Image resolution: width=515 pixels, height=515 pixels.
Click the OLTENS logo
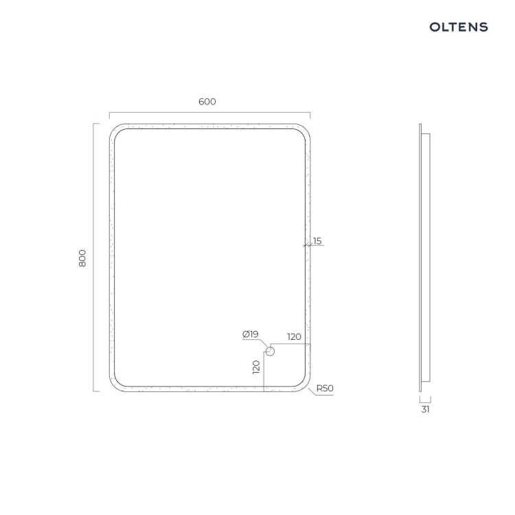(459, 27)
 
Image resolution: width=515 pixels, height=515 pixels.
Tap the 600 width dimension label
(207, 102)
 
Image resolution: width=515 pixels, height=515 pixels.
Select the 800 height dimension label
(82, 258)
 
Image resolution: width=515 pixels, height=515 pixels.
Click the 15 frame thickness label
(317, 241)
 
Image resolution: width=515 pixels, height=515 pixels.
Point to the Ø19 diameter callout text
(250, 334)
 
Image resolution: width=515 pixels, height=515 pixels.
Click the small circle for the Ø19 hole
(270, 352)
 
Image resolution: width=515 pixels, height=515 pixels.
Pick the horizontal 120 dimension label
(295, 336)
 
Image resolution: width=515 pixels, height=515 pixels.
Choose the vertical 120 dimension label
(256, 367)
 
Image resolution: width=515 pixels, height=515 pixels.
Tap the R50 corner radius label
(325, 388)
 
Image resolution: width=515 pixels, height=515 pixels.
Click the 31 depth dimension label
(425, 409)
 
